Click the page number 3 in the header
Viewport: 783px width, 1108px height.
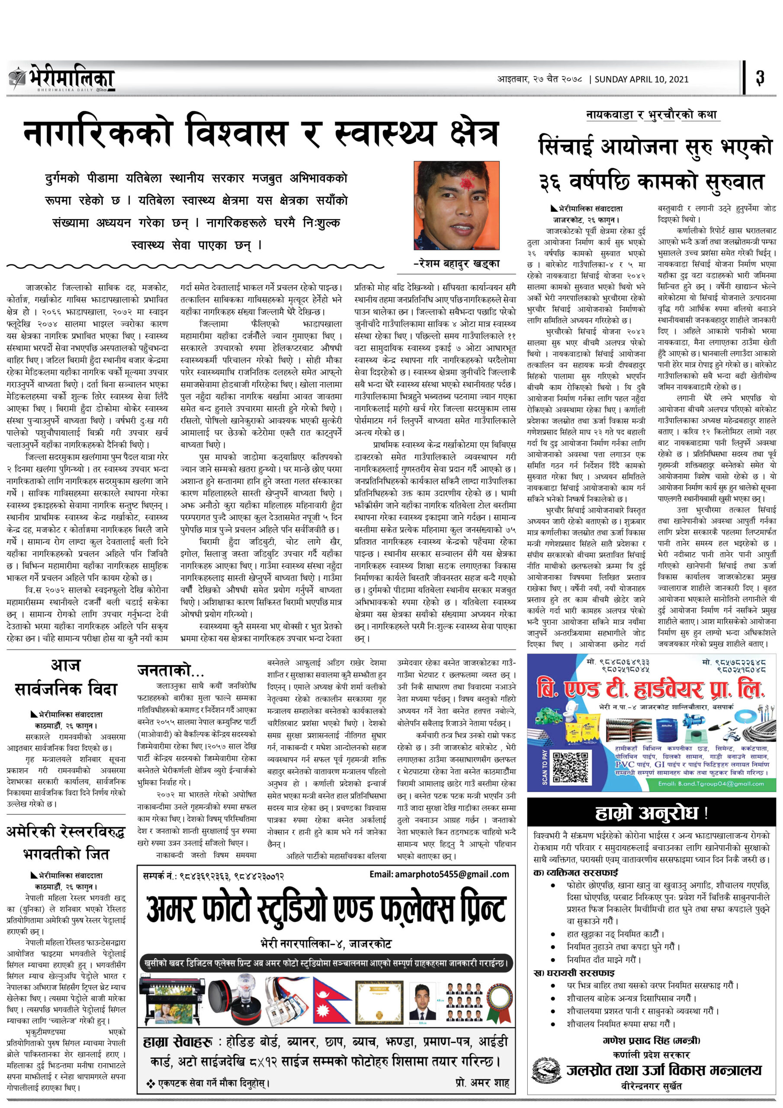[x=760, y=78]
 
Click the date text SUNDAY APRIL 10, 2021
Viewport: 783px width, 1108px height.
[x=641, y=79]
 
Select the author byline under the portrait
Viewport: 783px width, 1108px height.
[x=457, y=264]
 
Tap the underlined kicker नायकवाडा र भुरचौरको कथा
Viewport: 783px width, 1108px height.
[x=651, y=115]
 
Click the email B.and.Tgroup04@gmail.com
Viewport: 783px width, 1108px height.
[x=711, y=784]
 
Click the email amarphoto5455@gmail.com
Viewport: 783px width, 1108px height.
[x=439, y=874]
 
